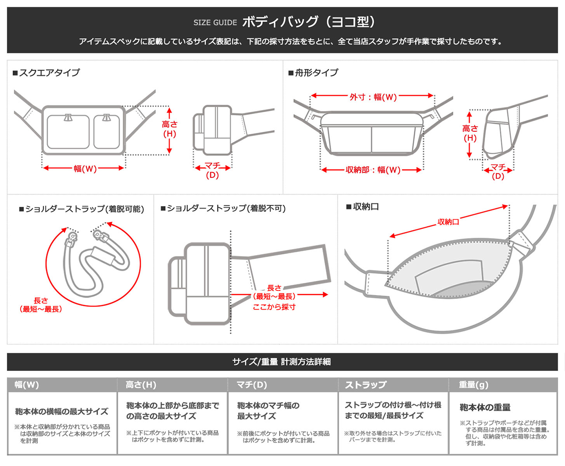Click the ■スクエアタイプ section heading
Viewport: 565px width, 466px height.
(46, 73)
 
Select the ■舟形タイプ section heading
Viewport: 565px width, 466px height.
(313, 73)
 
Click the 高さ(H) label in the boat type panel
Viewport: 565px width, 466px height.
(469, 133)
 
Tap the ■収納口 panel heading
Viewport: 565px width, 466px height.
(363, 207)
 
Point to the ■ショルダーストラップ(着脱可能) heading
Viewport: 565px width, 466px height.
(81, 209)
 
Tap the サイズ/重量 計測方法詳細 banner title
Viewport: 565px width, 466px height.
(282, 362)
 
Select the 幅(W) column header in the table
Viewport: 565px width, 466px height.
(26, 385)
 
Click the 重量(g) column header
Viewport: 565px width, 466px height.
(474, 385)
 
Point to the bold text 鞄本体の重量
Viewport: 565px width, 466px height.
(485, 408)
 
